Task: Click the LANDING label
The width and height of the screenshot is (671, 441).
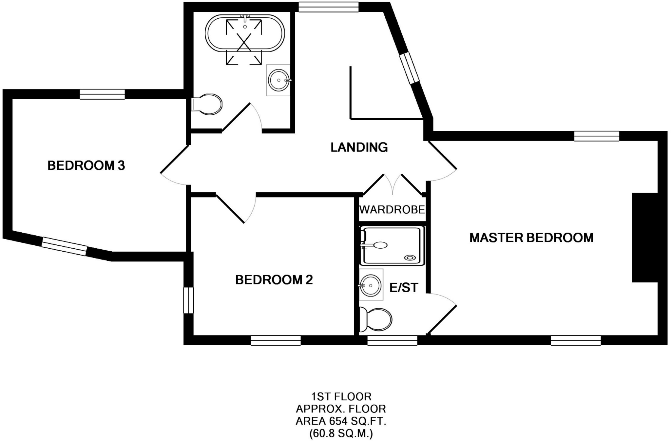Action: click(x=359, y=147)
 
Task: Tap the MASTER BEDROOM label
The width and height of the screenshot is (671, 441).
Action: click(x=531, y=238)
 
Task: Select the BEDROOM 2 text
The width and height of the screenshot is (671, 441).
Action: click(x=274, y=280)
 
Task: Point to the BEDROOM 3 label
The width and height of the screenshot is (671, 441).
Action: click(x=86, y=165)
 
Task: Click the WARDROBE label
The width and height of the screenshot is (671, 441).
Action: click(x=392, y=209)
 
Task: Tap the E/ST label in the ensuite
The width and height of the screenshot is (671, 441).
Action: click(x=404, y=288)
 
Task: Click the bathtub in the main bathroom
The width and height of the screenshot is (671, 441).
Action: click(x=245, y=33)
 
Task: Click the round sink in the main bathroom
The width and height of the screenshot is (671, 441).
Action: click(x=278, y=80)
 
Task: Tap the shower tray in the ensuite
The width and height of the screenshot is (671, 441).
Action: click(x=392, y=246)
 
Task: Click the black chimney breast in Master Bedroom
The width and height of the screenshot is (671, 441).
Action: click(x=645, y=238)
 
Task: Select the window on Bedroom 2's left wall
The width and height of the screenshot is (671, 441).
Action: click(x=188, y=300)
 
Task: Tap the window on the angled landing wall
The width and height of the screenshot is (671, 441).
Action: click(x=409, y=68)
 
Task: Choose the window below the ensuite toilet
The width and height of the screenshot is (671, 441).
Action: click(x=392, y=340)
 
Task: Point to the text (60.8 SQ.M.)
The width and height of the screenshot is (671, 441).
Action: click(x=341, y=434)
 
